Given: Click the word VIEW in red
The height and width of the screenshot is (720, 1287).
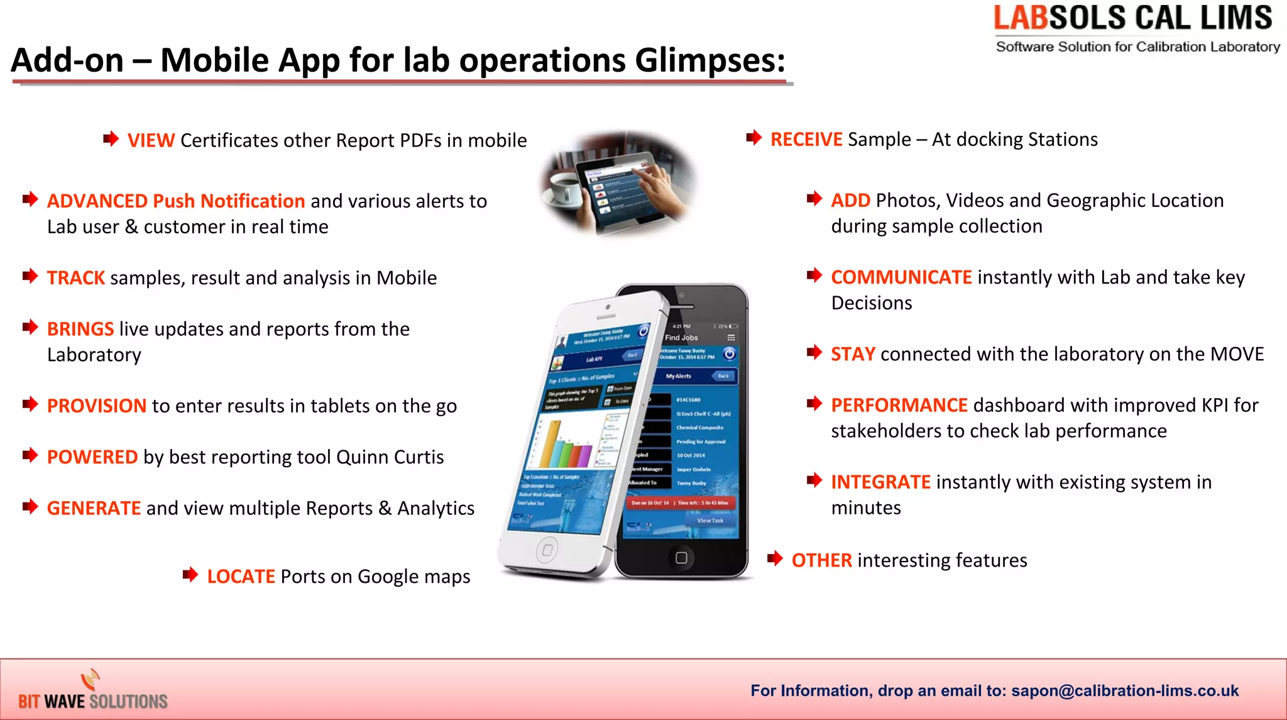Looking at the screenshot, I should tap(151, 140).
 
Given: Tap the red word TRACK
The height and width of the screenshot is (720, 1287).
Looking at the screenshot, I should tap(75, 278).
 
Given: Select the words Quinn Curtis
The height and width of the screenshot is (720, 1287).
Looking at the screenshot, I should tap(390, 457).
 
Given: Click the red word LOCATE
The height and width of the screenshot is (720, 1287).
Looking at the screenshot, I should tap(241, 577).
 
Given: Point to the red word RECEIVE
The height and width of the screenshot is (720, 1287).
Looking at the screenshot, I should tap(806, 140).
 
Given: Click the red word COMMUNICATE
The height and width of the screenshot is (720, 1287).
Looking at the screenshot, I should tap(901, 277).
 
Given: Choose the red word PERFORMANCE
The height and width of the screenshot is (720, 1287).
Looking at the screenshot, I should tap(899, 406).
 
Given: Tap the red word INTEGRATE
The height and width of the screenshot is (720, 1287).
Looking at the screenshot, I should tap(880, 482).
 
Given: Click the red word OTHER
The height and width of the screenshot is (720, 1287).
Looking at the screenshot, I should tap(821, 560).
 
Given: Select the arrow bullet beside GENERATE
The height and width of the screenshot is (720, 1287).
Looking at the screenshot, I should tap(30, 507).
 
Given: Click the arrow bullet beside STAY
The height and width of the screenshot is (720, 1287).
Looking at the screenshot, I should tap(814, 352).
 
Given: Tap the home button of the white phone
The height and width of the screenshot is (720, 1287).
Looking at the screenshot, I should tap(547, 550).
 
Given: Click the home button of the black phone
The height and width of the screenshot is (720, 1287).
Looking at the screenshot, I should tap(681, 558).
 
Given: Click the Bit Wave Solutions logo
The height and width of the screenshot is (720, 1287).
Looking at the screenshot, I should tap(92, 692).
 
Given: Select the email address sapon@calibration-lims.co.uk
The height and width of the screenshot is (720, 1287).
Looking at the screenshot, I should tap(1125, 691).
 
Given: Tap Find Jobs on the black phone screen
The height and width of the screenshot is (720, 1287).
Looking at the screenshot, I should tap(681, 338).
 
